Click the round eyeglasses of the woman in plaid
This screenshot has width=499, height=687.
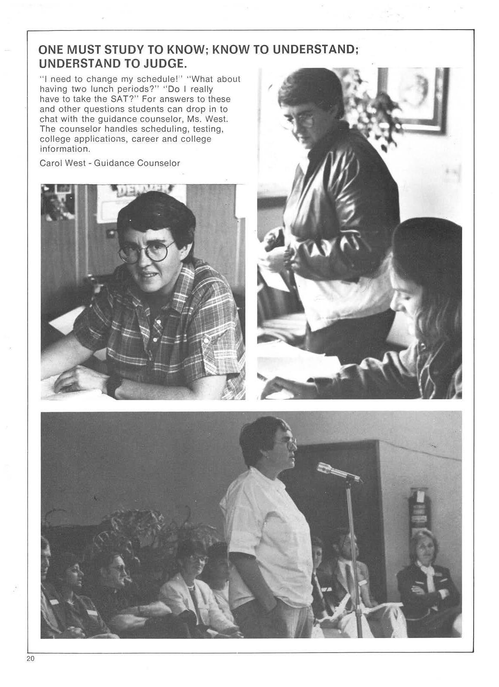147,252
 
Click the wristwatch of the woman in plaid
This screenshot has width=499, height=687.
113,386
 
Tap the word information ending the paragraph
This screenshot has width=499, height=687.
65,149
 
